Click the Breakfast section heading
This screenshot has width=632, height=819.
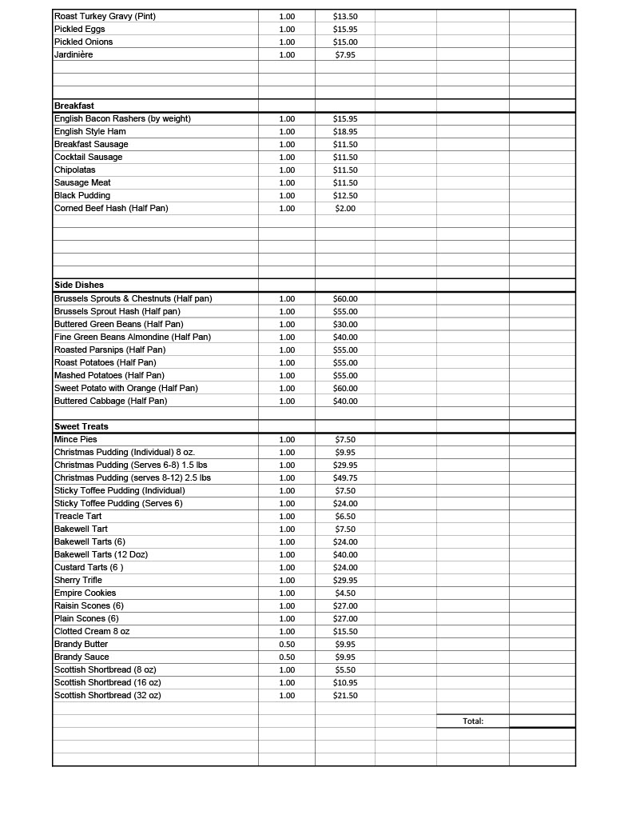(x=74, y=106)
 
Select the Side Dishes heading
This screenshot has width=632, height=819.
(x=79, y=285)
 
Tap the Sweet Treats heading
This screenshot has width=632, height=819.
(x=81, y=426)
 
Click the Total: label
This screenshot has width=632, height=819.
(x=473, y=721)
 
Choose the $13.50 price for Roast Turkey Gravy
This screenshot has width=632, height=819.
(x=345, y=16)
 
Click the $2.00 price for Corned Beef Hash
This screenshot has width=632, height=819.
(x=345, y=208)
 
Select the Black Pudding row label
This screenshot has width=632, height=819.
(x=82, y=195)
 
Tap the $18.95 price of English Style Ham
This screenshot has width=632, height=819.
(x=345, y=131)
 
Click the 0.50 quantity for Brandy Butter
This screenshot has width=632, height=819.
(x=287, y=644)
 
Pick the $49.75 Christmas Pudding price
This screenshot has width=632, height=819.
(x=345, y=477)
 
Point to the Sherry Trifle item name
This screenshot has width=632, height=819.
(x=78, y=580)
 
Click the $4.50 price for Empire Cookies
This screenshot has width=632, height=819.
(x=345, y=593)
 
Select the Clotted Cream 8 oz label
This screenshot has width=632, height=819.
(x=92, y=631)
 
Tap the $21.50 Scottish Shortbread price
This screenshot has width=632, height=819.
(x=345, y=695)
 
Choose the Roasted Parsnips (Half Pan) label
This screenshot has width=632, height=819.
(x=110, y=350)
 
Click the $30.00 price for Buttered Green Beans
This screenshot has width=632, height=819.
(x=345, y=324)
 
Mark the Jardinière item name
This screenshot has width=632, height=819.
(x=74, y=54)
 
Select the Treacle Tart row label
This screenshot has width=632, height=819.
(x=78, y=516)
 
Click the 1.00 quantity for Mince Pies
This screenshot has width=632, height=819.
(x=287, y=439)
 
